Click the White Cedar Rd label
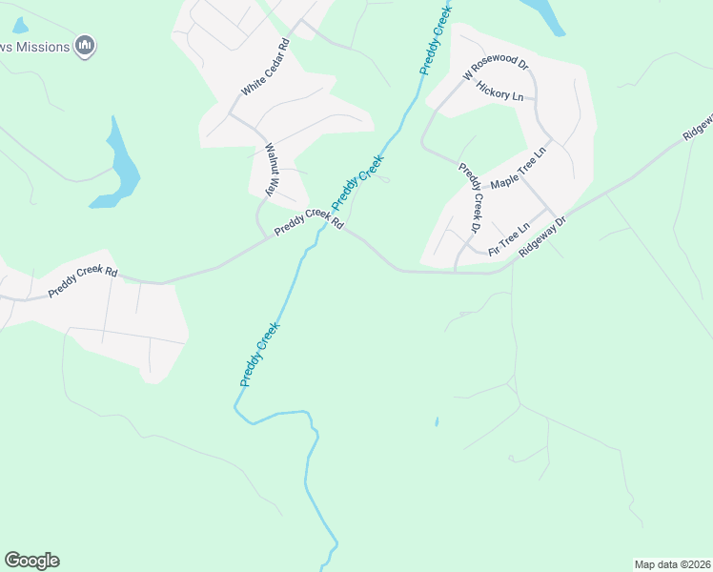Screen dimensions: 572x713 click(265, 67)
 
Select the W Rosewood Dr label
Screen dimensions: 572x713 click(495, 67)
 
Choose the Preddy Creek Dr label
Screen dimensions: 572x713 click(470, 197)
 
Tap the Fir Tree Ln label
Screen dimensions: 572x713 click(508, 239)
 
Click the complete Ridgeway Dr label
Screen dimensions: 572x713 click(542, 235)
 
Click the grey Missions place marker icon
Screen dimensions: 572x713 click(86, 45)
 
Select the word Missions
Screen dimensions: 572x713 click(44, 47)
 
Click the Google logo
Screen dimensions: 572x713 click(31, 561)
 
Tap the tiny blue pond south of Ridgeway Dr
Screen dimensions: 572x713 click(437, 421)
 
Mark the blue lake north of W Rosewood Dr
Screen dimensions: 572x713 click(545, 13)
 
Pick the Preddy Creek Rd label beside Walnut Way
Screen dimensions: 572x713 click(308, 223)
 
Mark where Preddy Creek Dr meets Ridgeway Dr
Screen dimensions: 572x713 click(456, 272)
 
